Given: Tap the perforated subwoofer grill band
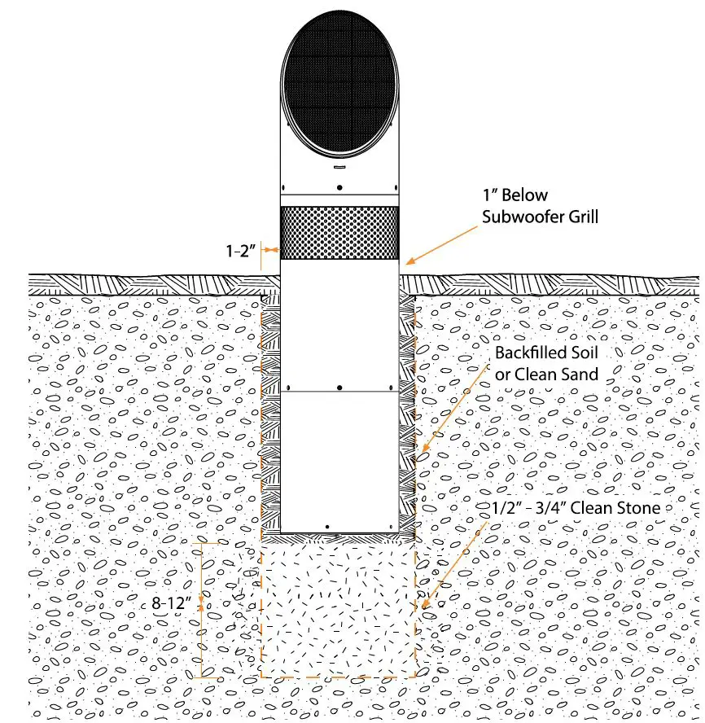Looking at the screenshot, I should (x=339, y=233).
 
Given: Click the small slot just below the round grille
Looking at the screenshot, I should (x=339, y=168).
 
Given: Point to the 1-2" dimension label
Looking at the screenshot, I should (x=241, y=251).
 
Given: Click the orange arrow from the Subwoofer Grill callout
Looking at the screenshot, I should (x=444, y=242).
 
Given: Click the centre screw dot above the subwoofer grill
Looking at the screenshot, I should (x=339, y=188).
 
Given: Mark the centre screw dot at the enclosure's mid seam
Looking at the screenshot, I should (x=339, y=387).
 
